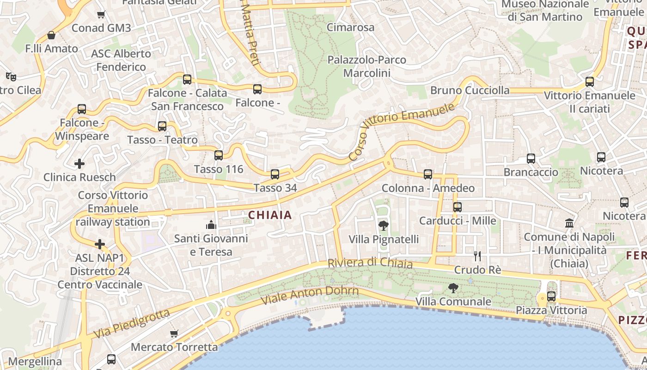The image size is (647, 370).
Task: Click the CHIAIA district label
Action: pyautogui.click(x=270, y=215)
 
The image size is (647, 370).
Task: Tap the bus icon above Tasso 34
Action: pyautogui.click(x=275, y=174)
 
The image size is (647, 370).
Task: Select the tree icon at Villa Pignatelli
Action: pyautogui.click(x=383, y=226)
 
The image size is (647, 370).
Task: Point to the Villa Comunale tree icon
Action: pyautogui.click(x=453, y=288)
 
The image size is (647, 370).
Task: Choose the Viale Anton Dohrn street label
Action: pyautogui.click(x=310, y=295)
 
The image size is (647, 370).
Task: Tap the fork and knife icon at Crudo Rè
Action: pyautogui.click(x=477, y=256)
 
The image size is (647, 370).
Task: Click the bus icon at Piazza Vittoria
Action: pyautogui.click(x=551, y=296)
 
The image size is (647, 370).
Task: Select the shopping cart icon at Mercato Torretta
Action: pyautogui.click(x=174, y=333)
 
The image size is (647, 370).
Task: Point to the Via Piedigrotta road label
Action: pyautogui.click(x=132, y=323)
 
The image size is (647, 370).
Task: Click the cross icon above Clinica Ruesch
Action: pyautogui.click(x=79, y=163)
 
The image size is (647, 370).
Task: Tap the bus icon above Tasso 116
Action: pyautogui.click(x=219, y=155)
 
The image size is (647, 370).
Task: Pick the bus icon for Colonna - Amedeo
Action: pyautogui.click(x=428, y=174)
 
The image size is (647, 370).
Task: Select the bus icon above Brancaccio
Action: pyautogui.click(x=531, y=159)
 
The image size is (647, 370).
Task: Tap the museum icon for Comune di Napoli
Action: pyautogui.click(x=569, y=223)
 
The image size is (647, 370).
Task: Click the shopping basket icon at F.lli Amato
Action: pyautogui.click(x=51, y=35)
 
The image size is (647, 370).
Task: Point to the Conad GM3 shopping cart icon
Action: pyautogui.click(x=101, y=15)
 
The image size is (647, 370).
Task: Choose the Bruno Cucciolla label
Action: pyautogui.click(x=470, y=90)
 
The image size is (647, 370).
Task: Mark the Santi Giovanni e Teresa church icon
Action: pyautogui.click(x=211, y=225)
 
